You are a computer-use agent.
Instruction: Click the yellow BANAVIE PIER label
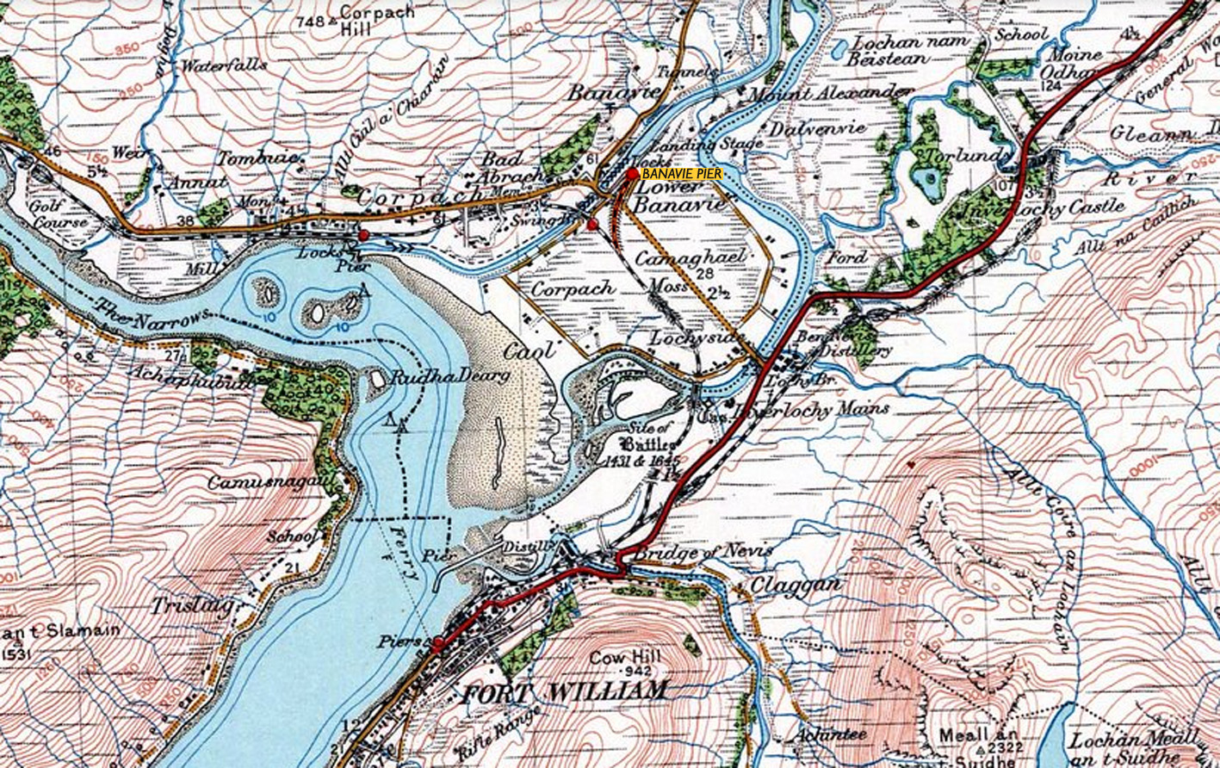pyautogui.click(x=678, y=173)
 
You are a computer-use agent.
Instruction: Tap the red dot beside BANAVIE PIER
pyautogui.click(x=633, y=173)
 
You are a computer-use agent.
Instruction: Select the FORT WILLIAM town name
pyautogui.click(x=565, y=691)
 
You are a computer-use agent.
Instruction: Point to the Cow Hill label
pyautogui.click(x=625, y=657)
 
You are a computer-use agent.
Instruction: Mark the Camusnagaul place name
pyautogui.click(x=269, y=483)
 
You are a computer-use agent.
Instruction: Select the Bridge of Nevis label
pyautogui.click(x=703, y=551)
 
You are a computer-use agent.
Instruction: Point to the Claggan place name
pyautogui.click(x=783, y=585)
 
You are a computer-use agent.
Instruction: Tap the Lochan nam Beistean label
pyautogui.click(x=900, y=50)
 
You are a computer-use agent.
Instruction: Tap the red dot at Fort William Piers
pyautogui.click(x=439, y=642)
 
